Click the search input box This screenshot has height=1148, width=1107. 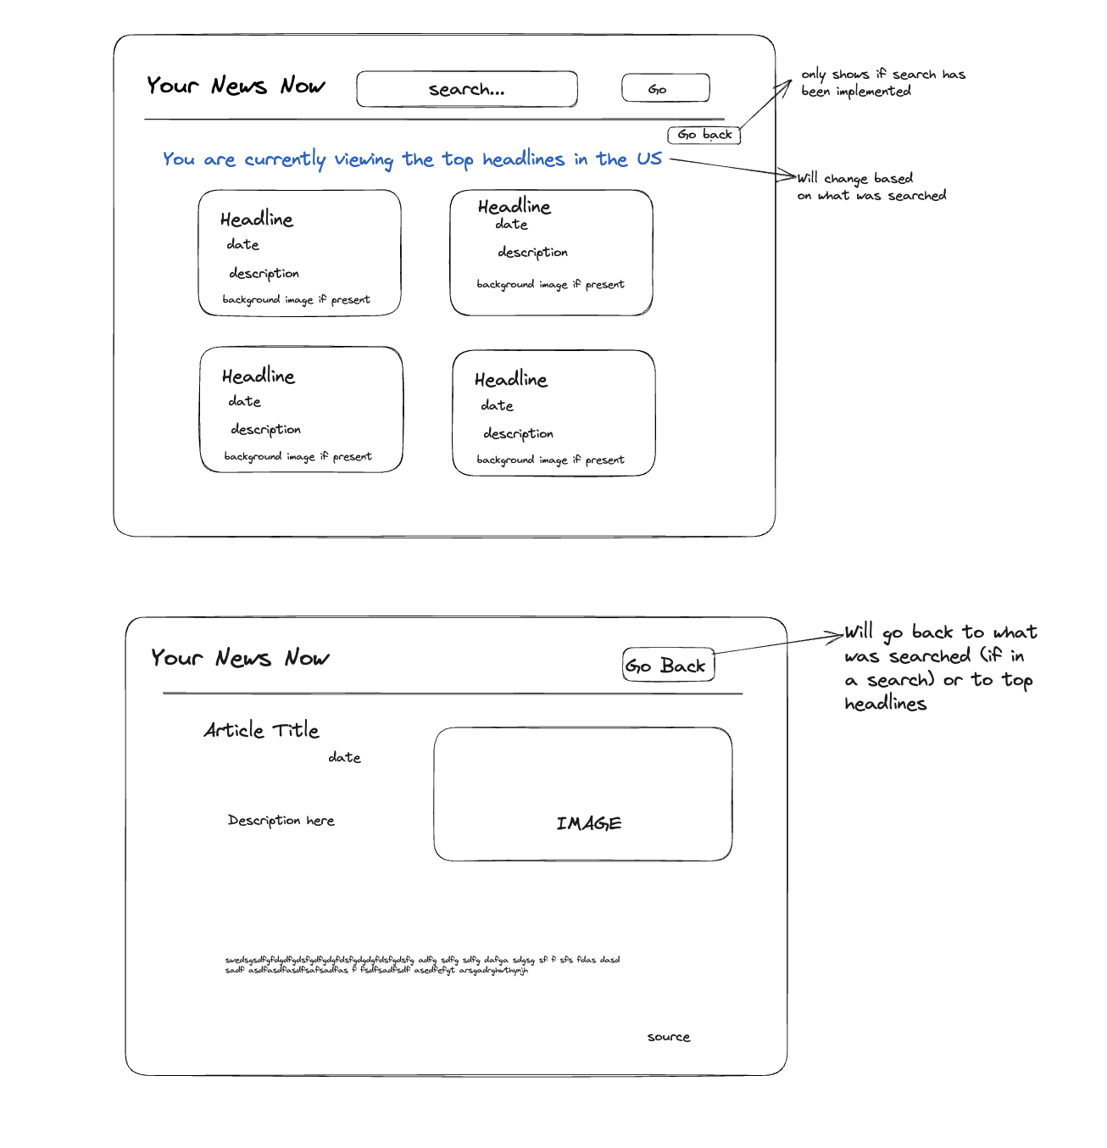click(x=467, y=89)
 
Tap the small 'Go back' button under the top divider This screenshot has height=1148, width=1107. click(x=704, y=135)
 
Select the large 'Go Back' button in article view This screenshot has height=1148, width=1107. click(x=668, y=666)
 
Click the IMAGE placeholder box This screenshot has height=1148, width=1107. click(x=583, y=794)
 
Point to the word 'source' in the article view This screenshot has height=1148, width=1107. click(x=669, y=1037)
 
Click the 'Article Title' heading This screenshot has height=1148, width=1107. click(x=261, y=730)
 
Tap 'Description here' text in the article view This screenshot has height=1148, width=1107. click(x=281, y=821)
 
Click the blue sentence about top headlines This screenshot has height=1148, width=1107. click(x=412, y=159)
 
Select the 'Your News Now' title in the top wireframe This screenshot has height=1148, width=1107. click(x=236, y=86)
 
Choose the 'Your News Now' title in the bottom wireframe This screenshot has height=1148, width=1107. click(x=240, y=658)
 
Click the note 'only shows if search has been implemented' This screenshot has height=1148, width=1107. click(x=882, y=83)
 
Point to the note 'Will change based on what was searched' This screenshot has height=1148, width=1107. click(x=871, y=187)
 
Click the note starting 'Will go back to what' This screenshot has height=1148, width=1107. click(x=939, y=667)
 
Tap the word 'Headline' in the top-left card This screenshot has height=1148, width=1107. click(x=257, y=220)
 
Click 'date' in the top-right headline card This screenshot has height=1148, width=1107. click(x=511, y=225)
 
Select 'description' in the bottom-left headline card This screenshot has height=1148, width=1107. click(x=266, y=430)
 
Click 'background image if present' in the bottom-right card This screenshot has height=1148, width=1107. click(x=550, y=460)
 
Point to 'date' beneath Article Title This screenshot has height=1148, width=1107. click(x=344, y=757)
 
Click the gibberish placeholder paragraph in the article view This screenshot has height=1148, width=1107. click(x=422, y=965)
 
